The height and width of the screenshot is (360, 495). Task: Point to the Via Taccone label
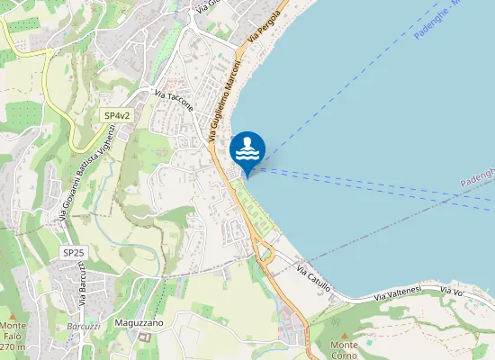point(174,101)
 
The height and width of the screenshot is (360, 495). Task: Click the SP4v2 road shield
point(117,116)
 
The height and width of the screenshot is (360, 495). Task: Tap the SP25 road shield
point(74,254)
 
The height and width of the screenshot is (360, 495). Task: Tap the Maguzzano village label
point(139,322)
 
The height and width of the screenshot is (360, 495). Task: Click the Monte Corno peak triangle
point(345,334)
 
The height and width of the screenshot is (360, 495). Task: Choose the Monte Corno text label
point(345,350)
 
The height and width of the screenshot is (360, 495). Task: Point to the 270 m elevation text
point(13,346)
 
